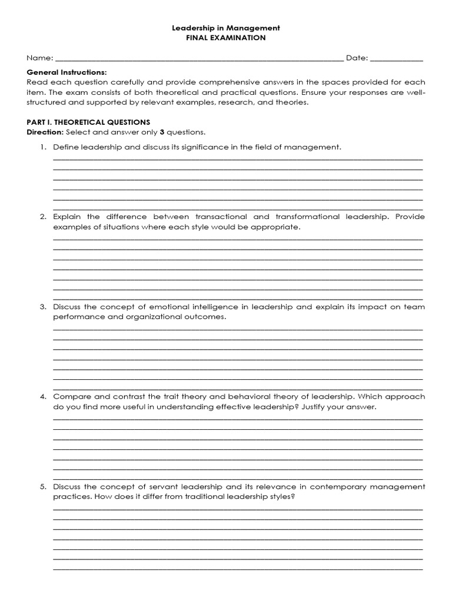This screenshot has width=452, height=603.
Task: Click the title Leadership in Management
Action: pyautogui.click(x=226, y=28)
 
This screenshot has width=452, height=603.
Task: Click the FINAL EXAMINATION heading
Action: pyautogui.click(x=226, y=38)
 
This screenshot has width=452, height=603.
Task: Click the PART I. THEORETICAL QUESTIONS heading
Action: pyautogui.click(x=88, y=122)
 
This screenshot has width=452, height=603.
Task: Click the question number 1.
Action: pyautogui.click(x=43, y=147)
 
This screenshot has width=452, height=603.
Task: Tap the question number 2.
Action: pyautogui.click(x=43, y=217)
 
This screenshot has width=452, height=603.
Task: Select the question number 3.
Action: pyautogui.click(x=43, y=307)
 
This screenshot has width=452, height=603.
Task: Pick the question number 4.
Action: pyautogui.click(x=43, y=397)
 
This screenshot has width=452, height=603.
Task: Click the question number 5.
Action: pyautogui.click(x=43, y=487)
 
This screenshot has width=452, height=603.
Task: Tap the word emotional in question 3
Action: pyautogui.click(x=177, y=307)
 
